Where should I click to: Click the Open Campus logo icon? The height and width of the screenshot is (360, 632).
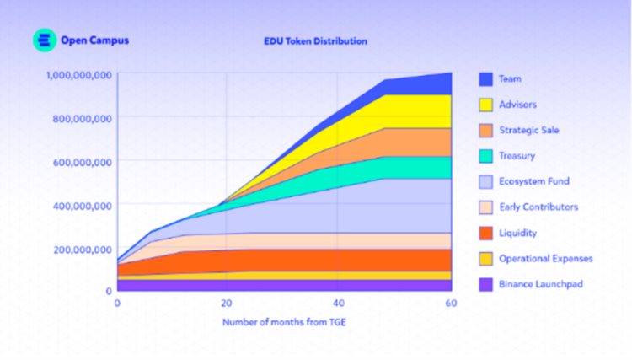click(44, 40)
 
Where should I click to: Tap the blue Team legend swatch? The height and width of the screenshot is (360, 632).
click(485, 79)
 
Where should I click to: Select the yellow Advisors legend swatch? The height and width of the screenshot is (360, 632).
click(485, 105)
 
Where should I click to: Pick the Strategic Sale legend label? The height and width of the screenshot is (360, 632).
click(528, 130)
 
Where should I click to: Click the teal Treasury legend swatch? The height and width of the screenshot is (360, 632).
click(485, 156)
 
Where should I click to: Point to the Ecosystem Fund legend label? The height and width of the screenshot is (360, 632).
click(533, 181)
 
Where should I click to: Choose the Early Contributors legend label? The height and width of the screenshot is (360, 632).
click(538, 207)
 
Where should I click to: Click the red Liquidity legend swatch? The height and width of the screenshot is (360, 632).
click(485, 233)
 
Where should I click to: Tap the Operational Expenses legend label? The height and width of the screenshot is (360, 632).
click(545, 258)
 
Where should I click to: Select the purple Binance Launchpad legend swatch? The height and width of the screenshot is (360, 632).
click(485, 284)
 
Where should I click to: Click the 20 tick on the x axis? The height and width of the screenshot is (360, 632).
click(227, 303)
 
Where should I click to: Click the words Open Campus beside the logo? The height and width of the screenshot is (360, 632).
click(94, 40)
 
